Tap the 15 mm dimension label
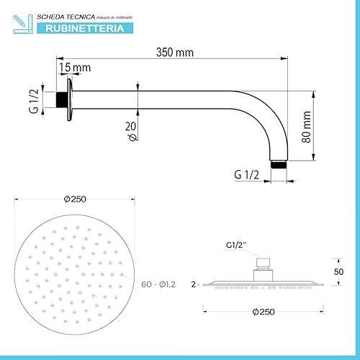click(x=75, y=67)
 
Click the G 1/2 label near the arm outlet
click(x=248, y=174)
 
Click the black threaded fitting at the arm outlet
click(x=279, y=165)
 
